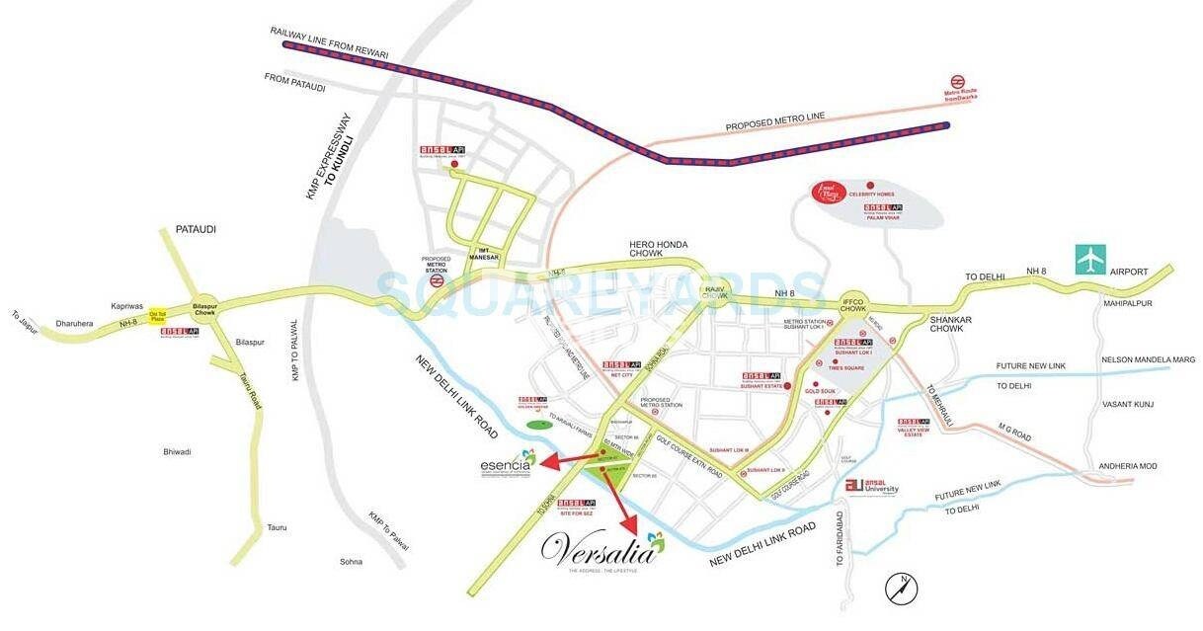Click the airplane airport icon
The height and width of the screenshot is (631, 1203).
tap(1091, 260)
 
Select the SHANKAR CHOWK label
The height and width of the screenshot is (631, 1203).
tap(951, 325)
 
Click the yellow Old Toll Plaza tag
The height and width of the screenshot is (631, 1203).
tap(156, 316)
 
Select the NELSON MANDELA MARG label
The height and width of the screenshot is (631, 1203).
tap(1148, 359)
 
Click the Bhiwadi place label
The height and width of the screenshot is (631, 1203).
tap(177, 451)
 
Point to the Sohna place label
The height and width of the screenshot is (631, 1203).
tap(351, 562)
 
